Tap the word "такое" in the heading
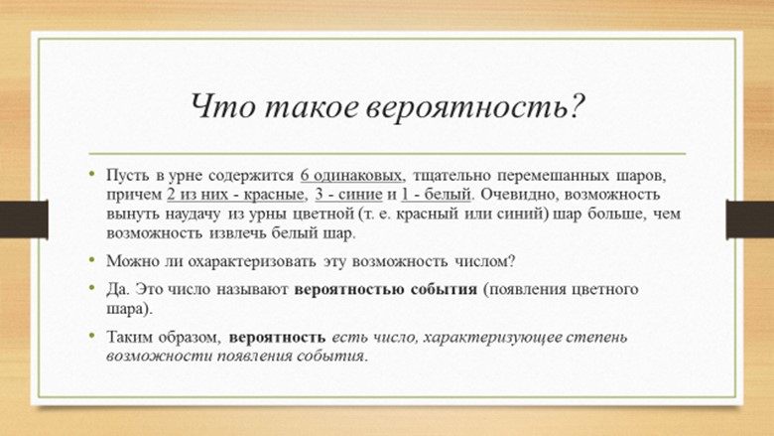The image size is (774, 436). pos(310,107)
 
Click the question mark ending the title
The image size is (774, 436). pos(573,105)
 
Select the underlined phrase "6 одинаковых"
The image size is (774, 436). pos(352,176)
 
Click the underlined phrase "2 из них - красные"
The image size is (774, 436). pos(235,195)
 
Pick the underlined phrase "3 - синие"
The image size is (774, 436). pos(348,195)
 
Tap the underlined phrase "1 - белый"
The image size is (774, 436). pos(436,195)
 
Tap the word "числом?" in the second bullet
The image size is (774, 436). pos(485,261)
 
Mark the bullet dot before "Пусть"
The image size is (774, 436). pos(92,173)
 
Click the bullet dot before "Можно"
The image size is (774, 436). pos(92,258)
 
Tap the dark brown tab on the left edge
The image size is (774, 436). pos(24,219)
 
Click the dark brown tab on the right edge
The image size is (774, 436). pos(750,219)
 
